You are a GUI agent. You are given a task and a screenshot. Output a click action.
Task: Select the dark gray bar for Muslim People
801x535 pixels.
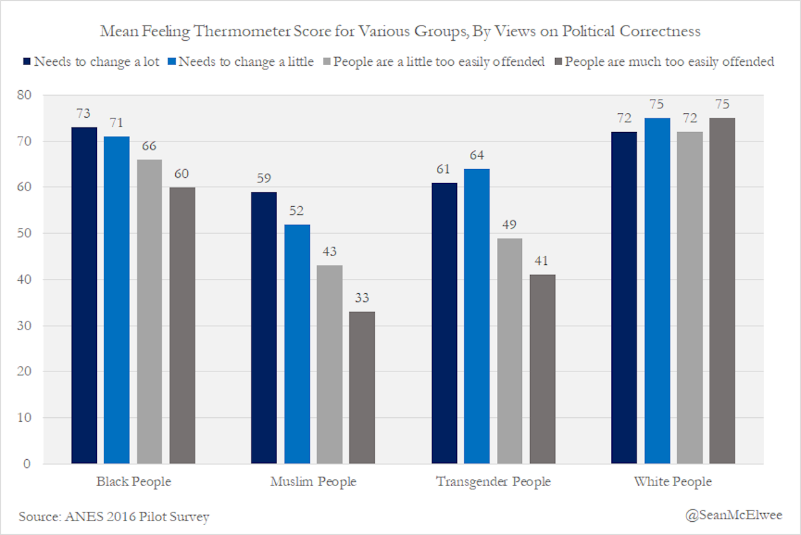[x=362, y=388]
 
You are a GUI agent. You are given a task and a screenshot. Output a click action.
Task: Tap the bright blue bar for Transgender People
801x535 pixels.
[x=477, y=316]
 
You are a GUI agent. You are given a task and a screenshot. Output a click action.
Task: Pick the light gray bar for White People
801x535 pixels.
[x=690, y=298]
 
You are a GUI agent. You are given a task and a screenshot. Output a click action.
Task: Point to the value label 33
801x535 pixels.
[x=362, y=298]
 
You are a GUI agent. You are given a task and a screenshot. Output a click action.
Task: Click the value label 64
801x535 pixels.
[x=477, y=155]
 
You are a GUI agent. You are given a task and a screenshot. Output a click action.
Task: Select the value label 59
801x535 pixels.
[x=264, y=179]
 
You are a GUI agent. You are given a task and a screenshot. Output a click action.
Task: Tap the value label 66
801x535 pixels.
[x=150, y=146]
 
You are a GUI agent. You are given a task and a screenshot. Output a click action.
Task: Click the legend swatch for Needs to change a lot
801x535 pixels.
[x=27, y=61]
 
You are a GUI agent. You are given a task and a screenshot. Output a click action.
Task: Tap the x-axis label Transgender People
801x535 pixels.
[x=493, y=482]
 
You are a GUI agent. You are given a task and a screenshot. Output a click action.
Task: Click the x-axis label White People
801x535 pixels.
[x=673, y=482]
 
